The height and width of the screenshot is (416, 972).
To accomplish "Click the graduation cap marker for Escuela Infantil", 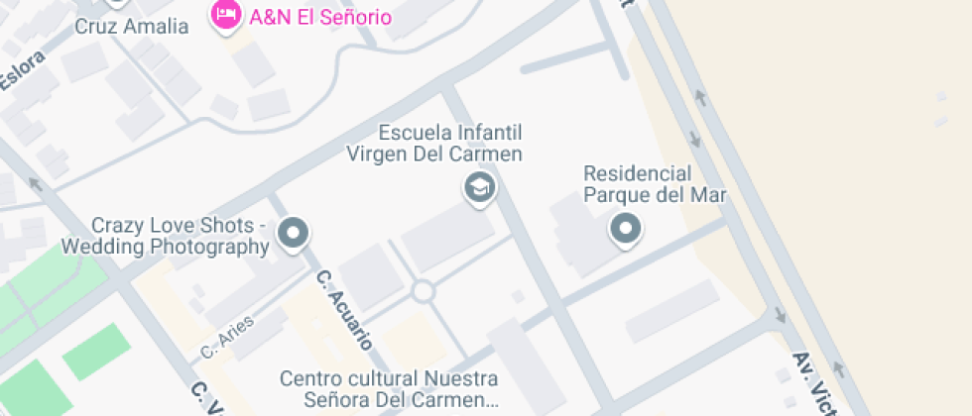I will pos(480,186).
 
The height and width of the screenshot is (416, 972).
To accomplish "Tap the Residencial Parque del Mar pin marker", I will pos(625,229).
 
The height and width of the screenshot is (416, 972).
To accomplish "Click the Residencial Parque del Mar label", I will pos(655,182).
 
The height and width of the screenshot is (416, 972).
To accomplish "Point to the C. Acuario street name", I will pos(343,309).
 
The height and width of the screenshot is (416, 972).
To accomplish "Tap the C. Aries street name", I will pos(228,337).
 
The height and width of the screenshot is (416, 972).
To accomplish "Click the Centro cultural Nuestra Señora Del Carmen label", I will pos(389,389).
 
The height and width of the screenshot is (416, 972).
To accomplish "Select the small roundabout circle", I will pos(424,291).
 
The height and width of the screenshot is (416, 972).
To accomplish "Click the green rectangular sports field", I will pos(97,351).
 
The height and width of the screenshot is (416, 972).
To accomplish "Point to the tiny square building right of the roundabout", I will pos(517,296).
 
